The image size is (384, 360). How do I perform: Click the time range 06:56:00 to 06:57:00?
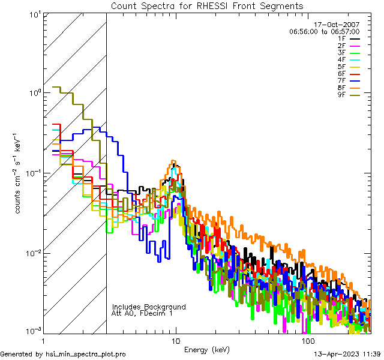pyautogui.click(x=324, y=31)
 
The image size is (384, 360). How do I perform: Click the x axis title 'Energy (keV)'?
pyautogui.click(x=207, y=349)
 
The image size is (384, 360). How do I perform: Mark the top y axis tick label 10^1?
pyautogui.click(x=34, y=14)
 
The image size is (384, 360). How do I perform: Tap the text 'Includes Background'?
pyautogui.click(x=149, y=307)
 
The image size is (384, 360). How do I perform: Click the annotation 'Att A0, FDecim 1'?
pyautogui.click(x=142, y=313)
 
